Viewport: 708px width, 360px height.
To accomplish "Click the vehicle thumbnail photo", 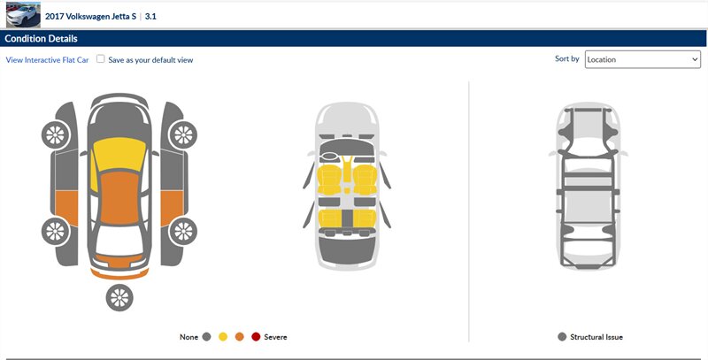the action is tap(23, 15).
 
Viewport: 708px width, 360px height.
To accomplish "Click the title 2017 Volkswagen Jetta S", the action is tap(90, 17).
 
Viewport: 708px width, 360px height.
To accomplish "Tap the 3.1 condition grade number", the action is tap(150, 17).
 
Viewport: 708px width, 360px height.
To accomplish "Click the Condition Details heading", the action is tap(41, 39).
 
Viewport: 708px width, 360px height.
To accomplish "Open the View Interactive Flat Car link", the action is tap(48, 60).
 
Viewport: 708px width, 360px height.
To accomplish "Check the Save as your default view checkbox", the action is tap(101, 59).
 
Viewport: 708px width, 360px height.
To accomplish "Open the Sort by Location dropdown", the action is tap(643, 59).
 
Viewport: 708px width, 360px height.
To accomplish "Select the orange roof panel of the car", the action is tap(119, 197).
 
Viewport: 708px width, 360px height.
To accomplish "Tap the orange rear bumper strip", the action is tap(119, 274).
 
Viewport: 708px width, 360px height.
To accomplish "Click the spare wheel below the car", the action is tap(119, 298).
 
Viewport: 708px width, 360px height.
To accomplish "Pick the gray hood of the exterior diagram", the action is tap(119, 119).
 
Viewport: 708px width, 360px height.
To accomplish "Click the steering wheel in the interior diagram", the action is tap(329, 157).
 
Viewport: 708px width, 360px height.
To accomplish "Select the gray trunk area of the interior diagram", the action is tap(347, 250).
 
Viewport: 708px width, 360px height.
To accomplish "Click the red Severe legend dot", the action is tap(256, 336).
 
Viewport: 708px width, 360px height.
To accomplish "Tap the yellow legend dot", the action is tap(223, 336).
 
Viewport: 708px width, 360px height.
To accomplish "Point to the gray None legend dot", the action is tap(207, 336).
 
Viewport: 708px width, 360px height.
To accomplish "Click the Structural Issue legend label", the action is tap(596, 337).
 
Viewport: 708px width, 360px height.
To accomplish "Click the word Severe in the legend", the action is tap(275, 337).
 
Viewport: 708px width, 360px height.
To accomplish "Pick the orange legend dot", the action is tap(239, 336).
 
